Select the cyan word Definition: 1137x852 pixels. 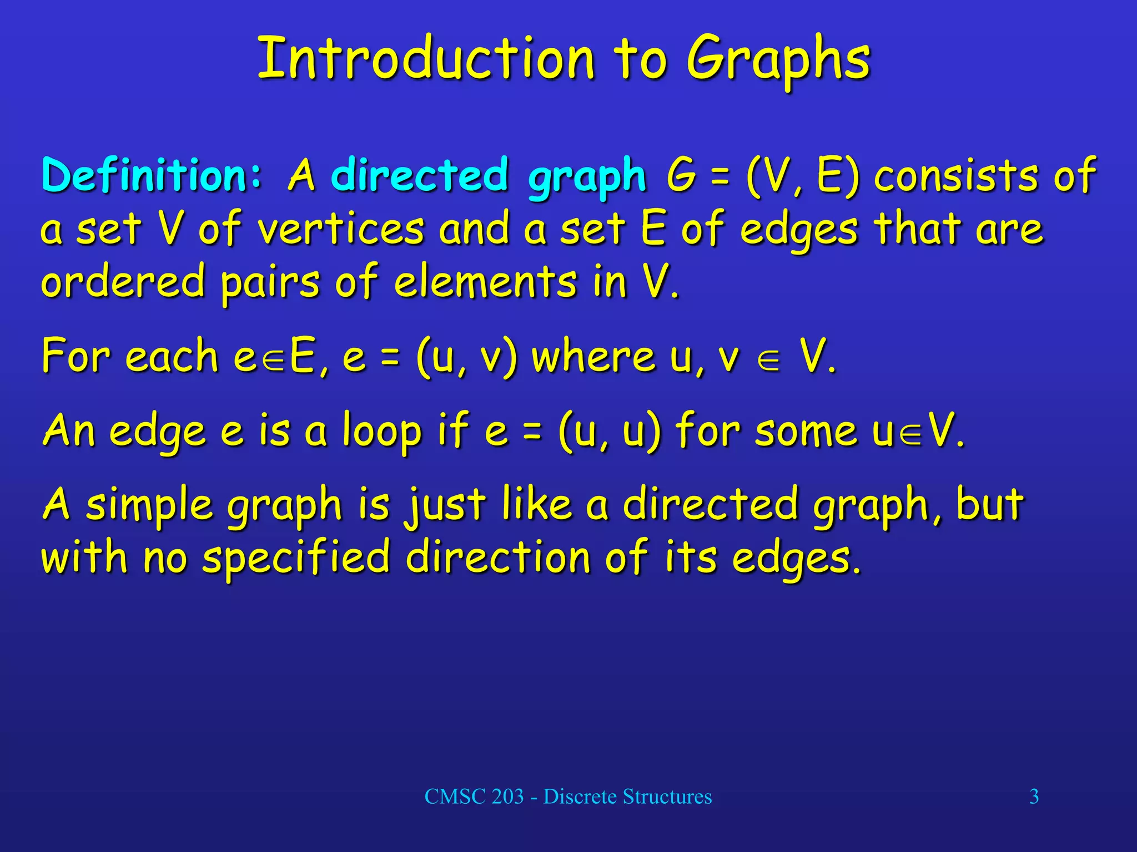point(152,175)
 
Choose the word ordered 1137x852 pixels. point(123,281)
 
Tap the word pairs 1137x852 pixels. point(270,283)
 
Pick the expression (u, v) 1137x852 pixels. point(466,358)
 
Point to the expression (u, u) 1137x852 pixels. point(610,432)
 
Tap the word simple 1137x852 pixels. point(149,506)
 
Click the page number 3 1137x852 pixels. point(1034,797)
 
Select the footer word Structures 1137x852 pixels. point(667,797)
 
